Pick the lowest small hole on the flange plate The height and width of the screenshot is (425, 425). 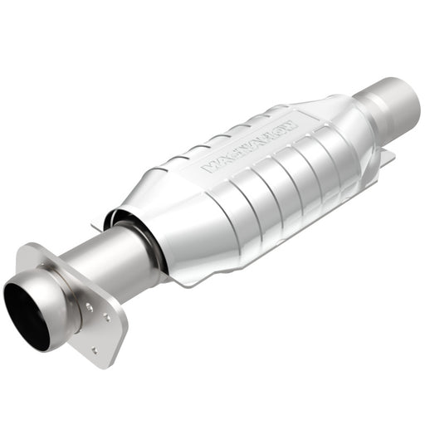coord(93,349)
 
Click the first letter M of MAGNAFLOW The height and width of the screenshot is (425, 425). coord(209,167)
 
